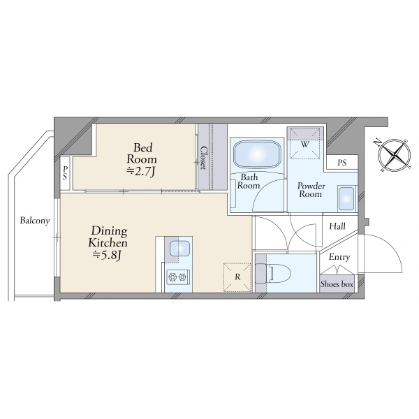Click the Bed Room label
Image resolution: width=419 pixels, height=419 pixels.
tap(141, 154)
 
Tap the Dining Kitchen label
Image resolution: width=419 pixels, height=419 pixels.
tap(108, 237)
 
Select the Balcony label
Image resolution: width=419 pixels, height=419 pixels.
tap(35, 221)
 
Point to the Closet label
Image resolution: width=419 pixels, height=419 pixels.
tap(204, 158)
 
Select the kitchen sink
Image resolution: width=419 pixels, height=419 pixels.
tap(180, 248)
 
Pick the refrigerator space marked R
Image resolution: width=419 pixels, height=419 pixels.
tap(237, 277)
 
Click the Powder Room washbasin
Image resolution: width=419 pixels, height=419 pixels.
tap(346, 198)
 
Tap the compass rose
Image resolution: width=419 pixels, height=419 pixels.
tap(395, 155)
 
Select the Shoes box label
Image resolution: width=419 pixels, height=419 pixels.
tap(337, 284)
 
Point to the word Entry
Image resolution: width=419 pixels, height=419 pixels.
tap(339, 257)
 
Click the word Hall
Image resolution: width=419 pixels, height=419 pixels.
tap(337, 226)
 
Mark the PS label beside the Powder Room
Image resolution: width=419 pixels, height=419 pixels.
tap(342, 163)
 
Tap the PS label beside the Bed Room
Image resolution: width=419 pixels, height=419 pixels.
tap(65, 173)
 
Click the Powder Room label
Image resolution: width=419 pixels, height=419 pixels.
tap(311, 190)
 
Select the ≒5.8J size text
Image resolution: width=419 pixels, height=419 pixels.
tap(108, 255)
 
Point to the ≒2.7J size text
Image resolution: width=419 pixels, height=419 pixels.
tap(141, 172)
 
